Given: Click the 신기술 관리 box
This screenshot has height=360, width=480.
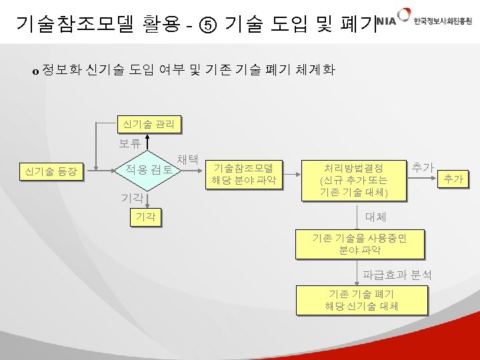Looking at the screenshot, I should (x=149, y=123).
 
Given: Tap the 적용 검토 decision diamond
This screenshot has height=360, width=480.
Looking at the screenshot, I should (x=147, y=170).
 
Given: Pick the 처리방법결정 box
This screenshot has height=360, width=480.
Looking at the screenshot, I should (x=353, y=179).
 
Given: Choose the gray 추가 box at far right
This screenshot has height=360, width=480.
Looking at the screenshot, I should (x=453, y=179).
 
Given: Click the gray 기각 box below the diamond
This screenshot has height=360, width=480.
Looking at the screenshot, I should (x=146, y=217).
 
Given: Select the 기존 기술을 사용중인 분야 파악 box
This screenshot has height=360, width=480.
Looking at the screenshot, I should (x=359, y=243).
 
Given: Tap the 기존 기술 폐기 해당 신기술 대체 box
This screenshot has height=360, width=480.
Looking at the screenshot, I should (x=361, y=300).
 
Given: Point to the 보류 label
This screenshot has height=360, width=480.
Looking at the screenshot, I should (x=130, y=143).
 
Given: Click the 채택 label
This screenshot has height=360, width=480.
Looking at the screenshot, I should (x=187, y=159).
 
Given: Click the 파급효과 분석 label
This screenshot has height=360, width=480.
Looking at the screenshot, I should (x=397, y=274).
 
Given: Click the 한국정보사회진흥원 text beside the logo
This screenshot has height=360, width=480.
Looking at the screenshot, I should (x=441, y=21).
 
